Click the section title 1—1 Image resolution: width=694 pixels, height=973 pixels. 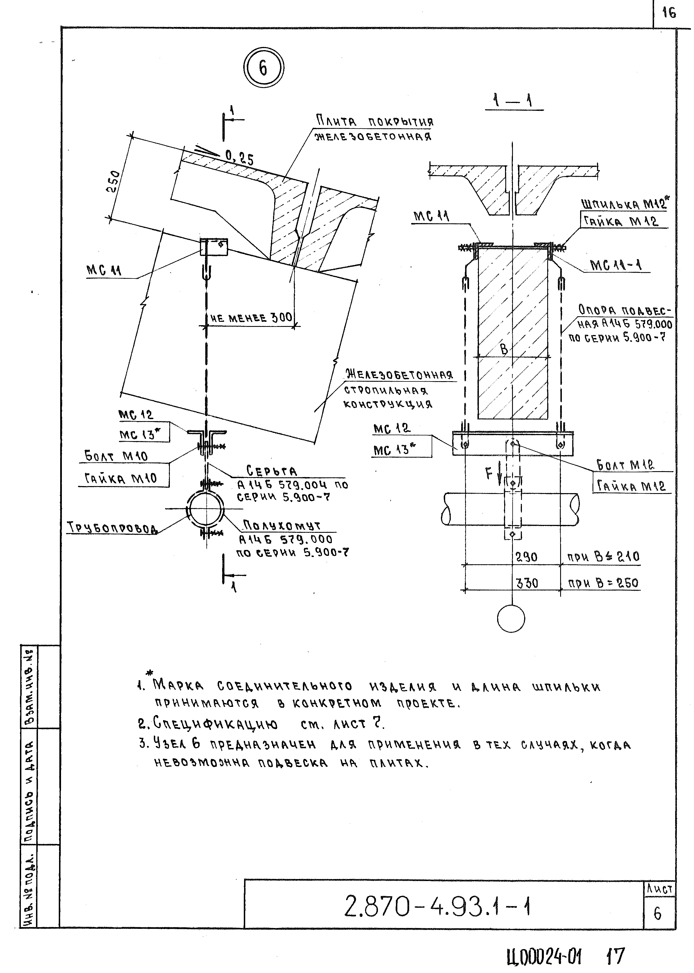click(x=512, y=102)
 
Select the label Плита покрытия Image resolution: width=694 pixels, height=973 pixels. click(x=374, y=122)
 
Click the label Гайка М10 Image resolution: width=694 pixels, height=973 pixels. click(x=121, y=478)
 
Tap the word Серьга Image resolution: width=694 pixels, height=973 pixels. click(x=272, y=471)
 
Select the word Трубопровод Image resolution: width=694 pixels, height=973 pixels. click(x=112, y=528)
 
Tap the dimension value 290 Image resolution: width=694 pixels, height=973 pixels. click(x=526, y=557)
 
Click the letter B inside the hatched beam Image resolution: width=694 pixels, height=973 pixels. click(x=504, y=349)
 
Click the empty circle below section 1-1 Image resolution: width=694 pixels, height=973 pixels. click(x=511, y=618)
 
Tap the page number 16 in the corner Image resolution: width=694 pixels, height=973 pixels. click(x=669, y=13)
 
